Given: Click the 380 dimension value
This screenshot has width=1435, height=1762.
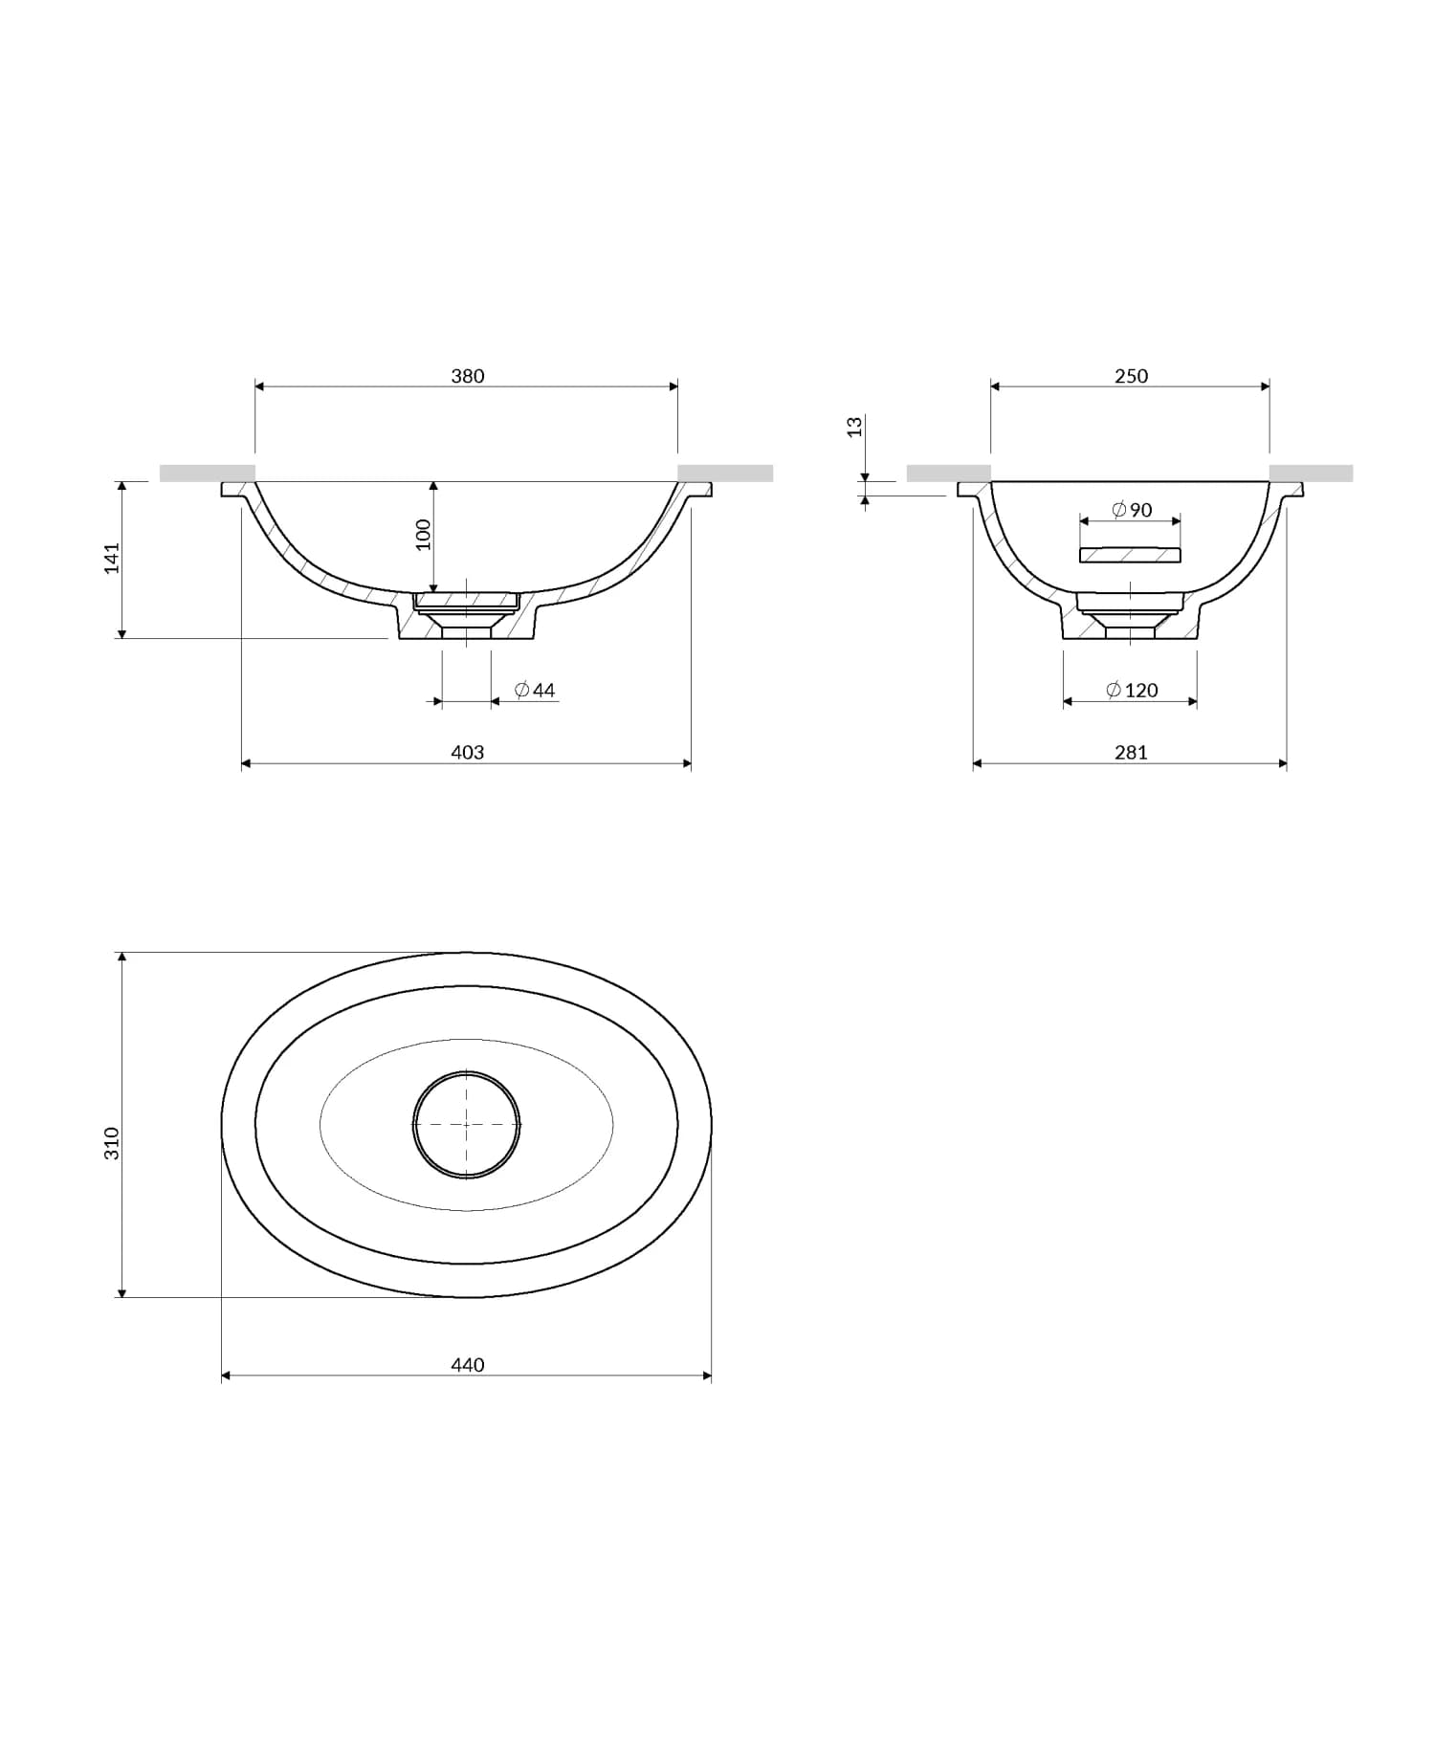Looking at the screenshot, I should coord(467,376).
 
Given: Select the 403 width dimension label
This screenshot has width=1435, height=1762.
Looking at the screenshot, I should coord(467,752).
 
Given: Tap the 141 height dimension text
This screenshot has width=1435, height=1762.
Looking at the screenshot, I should coord(112,558).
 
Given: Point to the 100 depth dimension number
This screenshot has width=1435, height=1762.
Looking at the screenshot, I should coord(423,534).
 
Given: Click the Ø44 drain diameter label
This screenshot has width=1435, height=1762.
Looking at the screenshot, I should coord(535,690).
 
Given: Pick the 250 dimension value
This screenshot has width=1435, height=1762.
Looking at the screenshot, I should coord(1130,376).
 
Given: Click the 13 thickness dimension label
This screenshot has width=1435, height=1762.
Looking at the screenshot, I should coord(855,427).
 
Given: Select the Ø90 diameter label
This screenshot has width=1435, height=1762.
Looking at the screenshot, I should coord(1132,510).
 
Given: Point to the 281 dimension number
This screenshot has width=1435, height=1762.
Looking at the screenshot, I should coord(1130,752).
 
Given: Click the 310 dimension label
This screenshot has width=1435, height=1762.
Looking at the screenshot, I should coord(112,1143).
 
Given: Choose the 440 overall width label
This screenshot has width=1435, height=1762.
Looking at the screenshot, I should coord(467,1364).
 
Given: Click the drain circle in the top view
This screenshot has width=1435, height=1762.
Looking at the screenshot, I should coord(467,1125).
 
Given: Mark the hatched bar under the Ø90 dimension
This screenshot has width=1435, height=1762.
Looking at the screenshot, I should coord(1130,555).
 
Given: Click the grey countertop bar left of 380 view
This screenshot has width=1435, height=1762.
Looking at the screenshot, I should coord(208,473).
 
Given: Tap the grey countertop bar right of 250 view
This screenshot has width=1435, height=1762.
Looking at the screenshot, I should coord(1311,473).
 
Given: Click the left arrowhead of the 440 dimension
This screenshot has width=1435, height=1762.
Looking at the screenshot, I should coord(226,1376).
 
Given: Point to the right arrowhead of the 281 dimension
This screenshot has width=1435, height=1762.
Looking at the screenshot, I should coord(1282,763).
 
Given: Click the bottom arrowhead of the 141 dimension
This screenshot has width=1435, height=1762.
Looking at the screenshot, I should coord(121,632).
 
